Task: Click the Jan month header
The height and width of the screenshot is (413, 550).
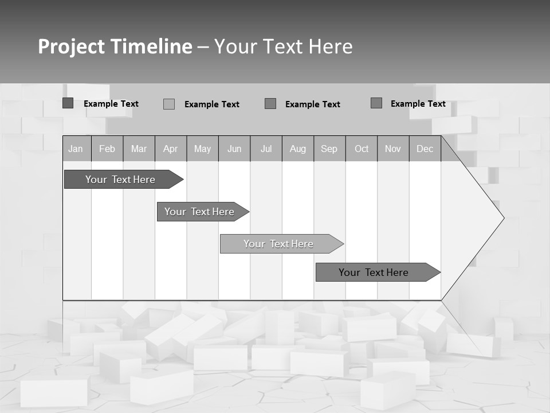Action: tap(76, 149)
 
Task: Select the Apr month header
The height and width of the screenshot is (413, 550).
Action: tap(170, 149)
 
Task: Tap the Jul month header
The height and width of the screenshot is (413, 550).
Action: tap(266, 149)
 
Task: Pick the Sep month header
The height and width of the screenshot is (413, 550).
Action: tap(329, 149)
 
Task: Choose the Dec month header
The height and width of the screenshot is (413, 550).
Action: tap(425, 149)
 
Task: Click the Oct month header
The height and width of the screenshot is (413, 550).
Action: tap(362, 149)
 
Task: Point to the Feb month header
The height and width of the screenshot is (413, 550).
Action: tap(107, 149)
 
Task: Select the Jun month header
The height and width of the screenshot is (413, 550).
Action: tap(234, 149)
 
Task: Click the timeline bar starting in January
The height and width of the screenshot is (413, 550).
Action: tap(120, 180)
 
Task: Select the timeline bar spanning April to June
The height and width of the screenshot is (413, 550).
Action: tap(199, 212)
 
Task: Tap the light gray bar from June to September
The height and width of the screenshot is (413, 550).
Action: tap(278, 244)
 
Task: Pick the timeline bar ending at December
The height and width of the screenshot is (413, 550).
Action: tap(374, 272)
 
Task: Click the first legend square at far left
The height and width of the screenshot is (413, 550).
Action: tap(68, 103)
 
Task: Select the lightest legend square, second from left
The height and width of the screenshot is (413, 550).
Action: tap(169, 104)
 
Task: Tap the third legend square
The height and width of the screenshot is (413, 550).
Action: tap(270, 103)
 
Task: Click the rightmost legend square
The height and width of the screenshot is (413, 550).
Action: tap(376, 103)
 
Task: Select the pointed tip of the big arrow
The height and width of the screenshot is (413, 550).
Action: tap(502, 218)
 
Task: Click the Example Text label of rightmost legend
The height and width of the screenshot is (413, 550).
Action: tap(418, 103)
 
